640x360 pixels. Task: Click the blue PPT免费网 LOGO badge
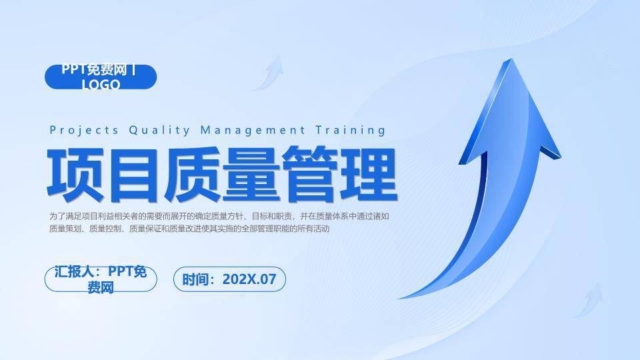[101, 77]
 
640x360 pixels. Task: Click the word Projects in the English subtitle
[84, 130]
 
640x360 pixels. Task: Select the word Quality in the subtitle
[159, 131]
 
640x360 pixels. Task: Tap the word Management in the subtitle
[253, 131]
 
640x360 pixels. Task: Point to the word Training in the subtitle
[350, 131]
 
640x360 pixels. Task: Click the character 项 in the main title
[75, 174]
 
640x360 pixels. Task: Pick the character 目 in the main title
[134, 174]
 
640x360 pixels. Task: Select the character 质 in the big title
[192, 174]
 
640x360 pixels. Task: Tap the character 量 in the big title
[251, 174]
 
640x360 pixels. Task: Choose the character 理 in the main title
[369, 174]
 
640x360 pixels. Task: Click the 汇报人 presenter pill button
[101, 279]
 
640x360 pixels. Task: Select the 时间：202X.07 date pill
[229, 279]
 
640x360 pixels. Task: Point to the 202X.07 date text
[249, 279]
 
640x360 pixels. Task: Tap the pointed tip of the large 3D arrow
[510, 59]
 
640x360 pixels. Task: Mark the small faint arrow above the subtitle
[269, 73]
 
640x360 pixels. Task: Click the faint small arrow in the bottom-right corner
[589, 301]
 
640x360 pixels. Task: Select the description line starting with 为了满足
[219, 216]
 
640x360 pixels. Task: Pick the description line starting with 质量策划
[189, 229]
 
